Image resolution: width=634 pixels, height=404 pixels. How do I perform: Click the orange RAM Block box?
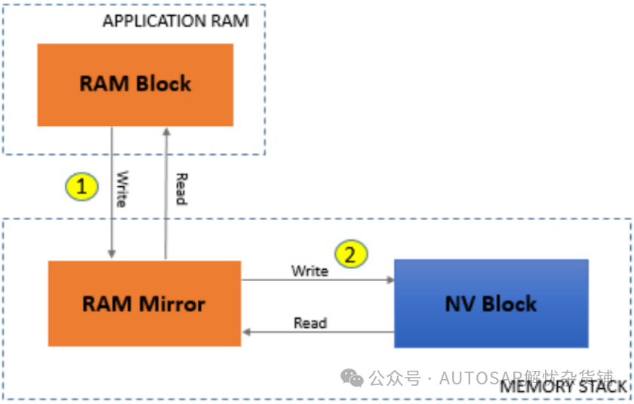[x=135, y=84]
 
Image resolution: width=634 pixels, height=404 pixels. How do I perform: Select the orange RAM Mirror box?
[x=144, y=303]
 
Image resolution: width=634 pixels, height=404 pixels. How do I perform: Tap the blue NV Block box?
[x=491, y=303]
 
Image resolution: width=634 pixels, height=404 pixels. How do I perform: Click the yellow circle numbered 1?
[x=82, y=186]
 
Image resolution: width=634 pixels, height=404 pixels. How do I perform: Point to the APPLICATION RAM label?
[x=175, y=21]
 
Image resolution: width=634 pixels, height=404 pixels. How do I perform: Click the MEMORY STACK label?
[x=563, y=387]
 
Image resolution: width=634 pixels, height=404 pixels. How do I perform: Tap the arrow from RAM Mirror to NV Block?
[x=317, y=280]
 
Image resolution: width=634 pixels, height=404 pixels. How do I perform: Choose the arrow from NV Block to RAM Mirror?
[x=317, y=332]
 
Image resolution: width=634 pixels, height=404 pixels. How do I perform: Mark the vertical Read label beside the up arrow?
[x=180, y=188]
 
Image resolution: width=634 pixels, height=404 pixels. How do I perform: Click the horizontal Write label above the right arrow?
[x=309, y=271]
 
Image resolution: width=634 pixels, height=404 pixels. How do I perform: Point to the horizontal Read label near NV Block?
[x=310, y=323]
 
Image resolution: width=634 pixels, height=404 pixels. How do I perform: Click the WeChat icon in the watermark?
[x=351, y=377]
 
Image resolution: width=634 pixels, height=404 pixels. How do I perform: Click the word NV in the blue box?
[x=460, y=304]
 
